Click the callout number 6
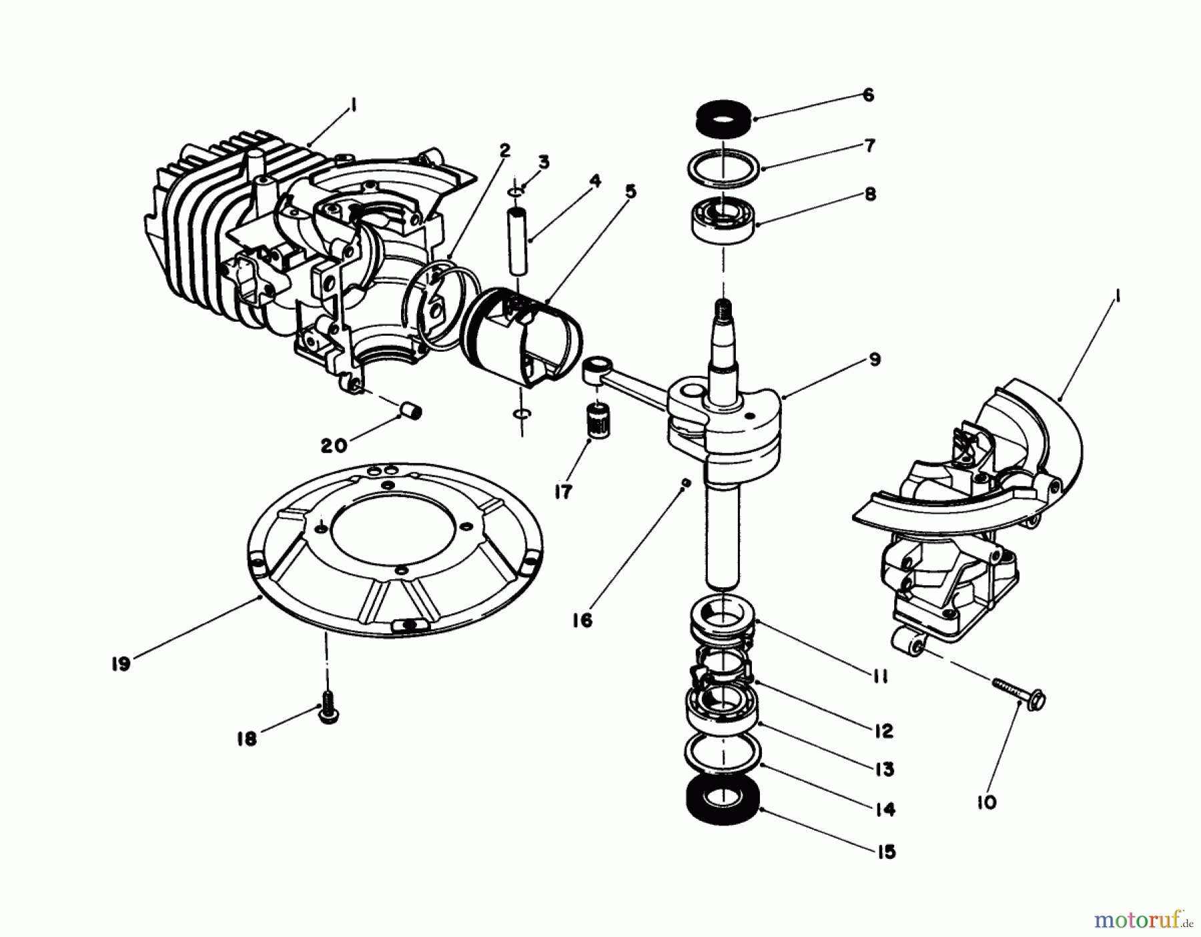867,95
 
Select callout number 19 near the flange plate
121,665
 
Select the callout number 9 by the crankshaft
875,360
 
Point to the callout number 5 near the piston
630,192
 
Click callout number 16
582,621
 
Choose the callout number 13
885,769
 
